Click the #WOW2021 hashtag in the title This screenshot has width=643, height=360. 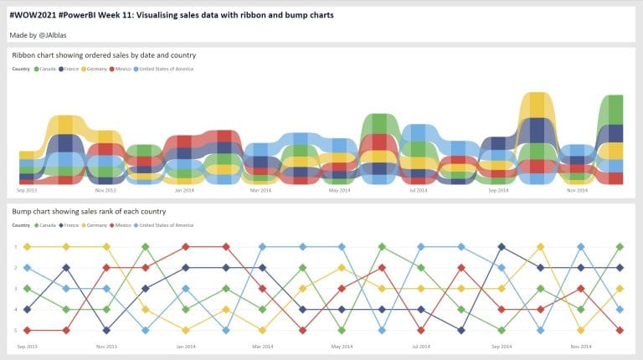point(33,15)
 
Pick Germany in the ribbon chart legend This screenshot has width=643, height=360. point(98,69)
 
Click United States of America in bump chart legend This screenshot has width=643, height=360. point(167,225)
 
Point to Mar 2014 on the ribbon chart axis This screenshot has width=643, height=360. point(261,190)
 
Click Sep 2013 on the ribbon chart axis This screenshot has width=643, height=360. point(28,190)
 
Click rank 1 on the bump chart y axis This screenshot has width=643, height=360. point(15,247)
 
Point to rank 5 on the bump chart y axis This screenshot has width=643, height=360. point(15,331)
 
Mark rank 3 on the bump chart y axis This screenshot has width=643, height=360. point(15,289)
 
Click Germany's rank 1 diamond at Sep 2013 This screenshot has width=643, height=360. point(28,247)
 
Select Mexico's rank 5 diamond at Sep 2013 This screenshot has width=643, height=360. point(28,331)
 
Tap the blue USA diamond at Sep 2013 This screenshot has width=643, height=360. point(28,268)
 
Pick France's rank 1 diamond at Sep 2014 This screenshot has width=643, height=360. point(501,247)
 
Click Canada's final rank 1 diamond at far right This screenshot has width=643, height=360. point(620,247)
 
